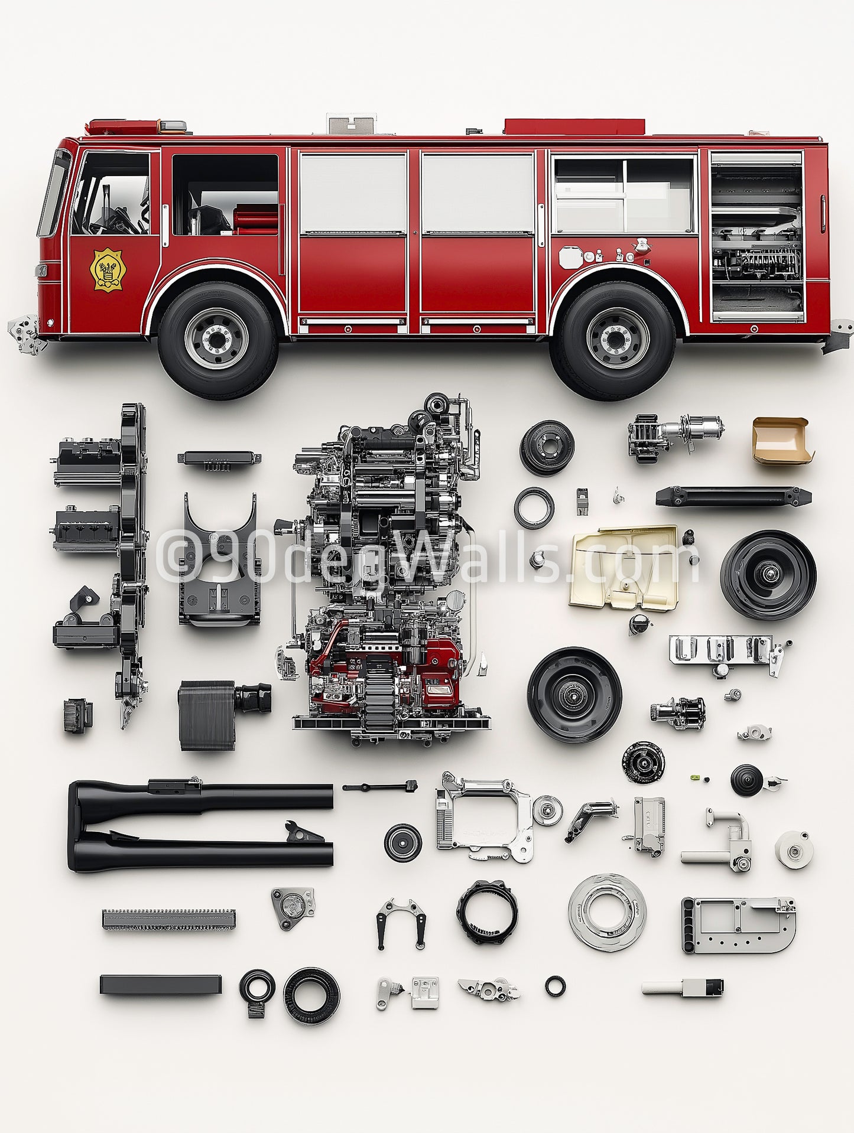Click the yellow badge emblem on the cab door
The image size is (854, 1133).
tap(108, 269)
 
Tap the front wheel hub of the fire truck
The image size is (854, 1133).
tap(217, 339)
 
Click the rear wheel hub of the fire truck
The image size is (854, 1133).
tap(617, 339)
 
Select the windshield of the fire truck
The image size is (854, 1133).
tap(54, 193)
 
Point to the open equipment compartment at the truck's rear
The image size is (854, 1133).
tap(757, 236)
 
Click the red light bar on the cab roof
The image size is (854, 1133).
tap(124, 127)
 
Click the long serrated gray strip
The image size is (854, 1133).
tap(168, 919)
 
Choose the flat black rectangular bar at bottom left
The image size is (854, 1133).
tap(160, 985)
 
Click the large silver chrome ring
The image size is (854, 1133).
tap(607, 913)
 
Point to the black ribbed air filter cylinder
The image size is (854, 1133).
tap(207, 715)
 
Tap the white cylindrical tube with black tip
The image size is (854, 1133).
tap(681, 987)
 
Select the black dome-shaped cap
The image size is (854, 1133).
tap(746, 780)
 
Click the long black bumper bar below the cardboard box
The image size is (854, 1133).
tap(733, 496)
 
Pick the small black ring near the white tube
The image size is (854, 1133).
tap(555, 985)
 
